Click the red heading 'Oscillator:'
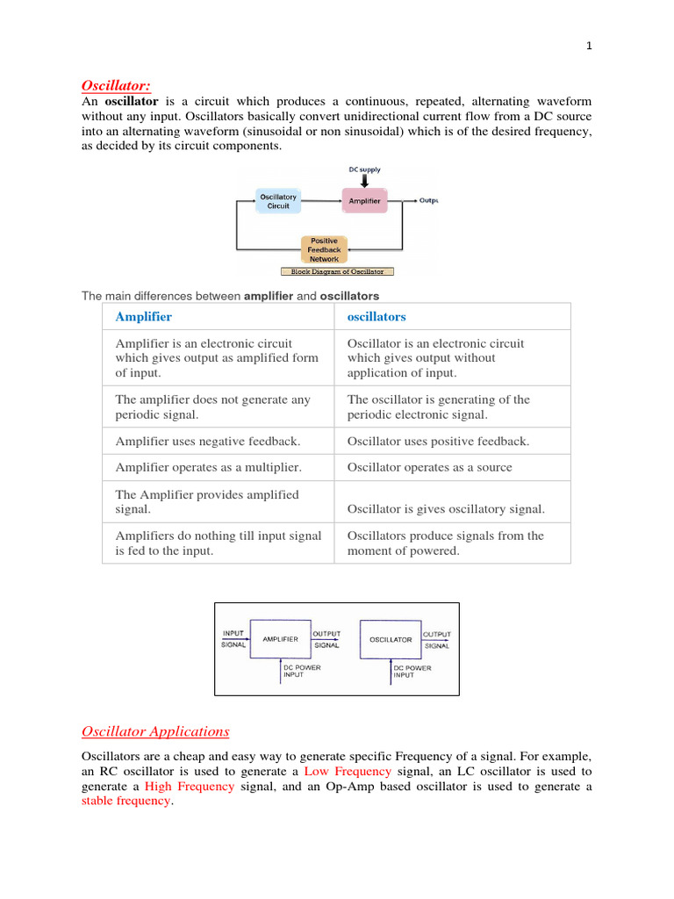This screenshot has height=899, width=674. (x=116, y=85)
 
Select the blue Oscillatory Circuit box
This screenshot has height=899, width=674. (x=277, y=201)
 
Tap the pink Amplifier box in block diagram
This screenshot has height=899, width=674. (x=364, y=201)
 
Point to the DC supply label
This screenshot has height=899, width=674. (x=365, y=169)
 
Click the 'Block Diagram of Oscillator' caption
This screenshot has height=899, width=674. (x=337, y=272)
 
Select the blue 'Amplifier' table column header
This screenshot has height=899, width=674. (x=143, y=316)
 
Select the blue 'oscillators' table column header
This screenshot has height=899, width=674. (x=376, y=316)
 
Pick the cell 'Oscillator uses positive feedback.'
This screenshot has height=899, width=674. (x=438, y=442)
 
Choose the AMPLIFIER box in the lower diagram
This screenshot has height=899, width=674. (x=280, y=639)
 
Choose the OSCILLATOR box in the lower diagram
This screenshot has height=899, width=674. (x=390, y=639)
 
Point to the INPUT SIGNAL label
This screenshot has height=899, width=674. (x=233, y=638)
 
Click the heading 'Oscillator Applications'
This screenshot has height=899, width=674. (x=155, y=731)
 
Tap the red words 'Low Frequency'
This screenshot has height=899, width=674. (x=348, y=771)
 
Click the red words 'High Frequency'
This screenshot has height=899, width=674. (x=190, y=787)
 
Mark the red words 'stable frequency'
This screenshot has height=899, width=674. (x=125, y=802)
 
